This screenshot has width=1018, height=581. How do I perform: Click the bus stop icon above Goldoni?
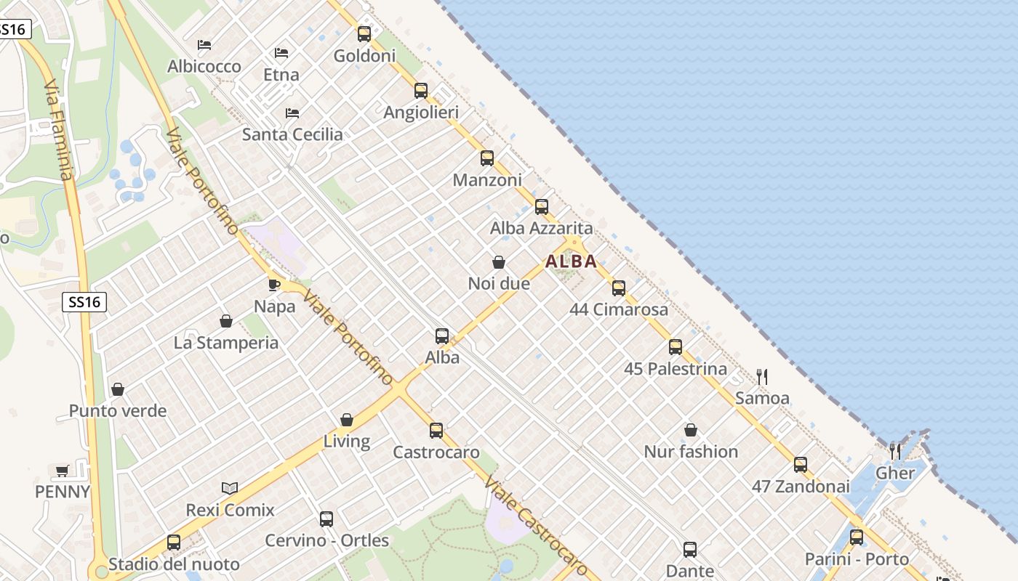[364, 33]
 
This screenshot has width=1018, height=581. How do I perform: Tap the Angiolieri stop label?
[421, 113]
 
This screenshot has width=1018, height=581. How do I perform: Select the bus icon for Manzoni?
[487, 158]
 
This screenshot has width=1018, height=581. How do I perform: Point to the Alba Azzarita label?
[541, 228]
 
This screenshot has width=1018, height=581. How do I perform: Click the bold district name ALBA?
[571, 261]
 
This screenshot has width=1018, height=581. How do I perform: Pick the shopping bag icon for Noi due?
[499, 262]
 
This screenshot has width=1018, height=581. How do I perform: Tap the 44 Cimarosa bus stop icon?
[619, 288]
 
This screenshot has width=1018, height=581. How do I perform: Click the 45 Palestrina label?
[675, 369]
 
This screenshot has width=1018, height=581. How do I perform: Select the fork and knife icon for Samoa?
[762, 376]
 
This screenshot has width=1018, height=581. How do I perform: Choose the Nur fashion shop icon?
[691, 430]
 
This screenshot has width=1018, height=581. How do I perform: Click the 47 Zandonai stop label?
[800, 487]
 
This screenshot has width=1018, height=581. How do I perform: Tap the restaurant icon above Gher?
[895, 452]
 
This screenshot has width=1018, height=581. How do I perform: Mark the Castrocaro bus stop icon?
[436, 431]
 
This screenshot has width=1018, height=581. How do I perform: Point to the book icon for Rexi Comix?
[230, 488]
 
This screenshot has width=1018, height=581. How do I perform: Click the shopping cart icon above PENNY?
[63, 471]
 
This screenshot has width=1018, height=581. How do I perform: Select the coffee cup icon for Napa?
[274, 285]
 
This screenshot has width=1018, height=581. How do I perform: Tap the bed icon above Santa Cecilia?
[292, 113]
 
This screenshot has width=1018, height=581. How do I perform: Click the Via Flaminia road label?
[58, 131]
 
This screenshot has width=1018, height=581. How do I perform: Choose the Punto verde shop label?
[118, 411]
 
